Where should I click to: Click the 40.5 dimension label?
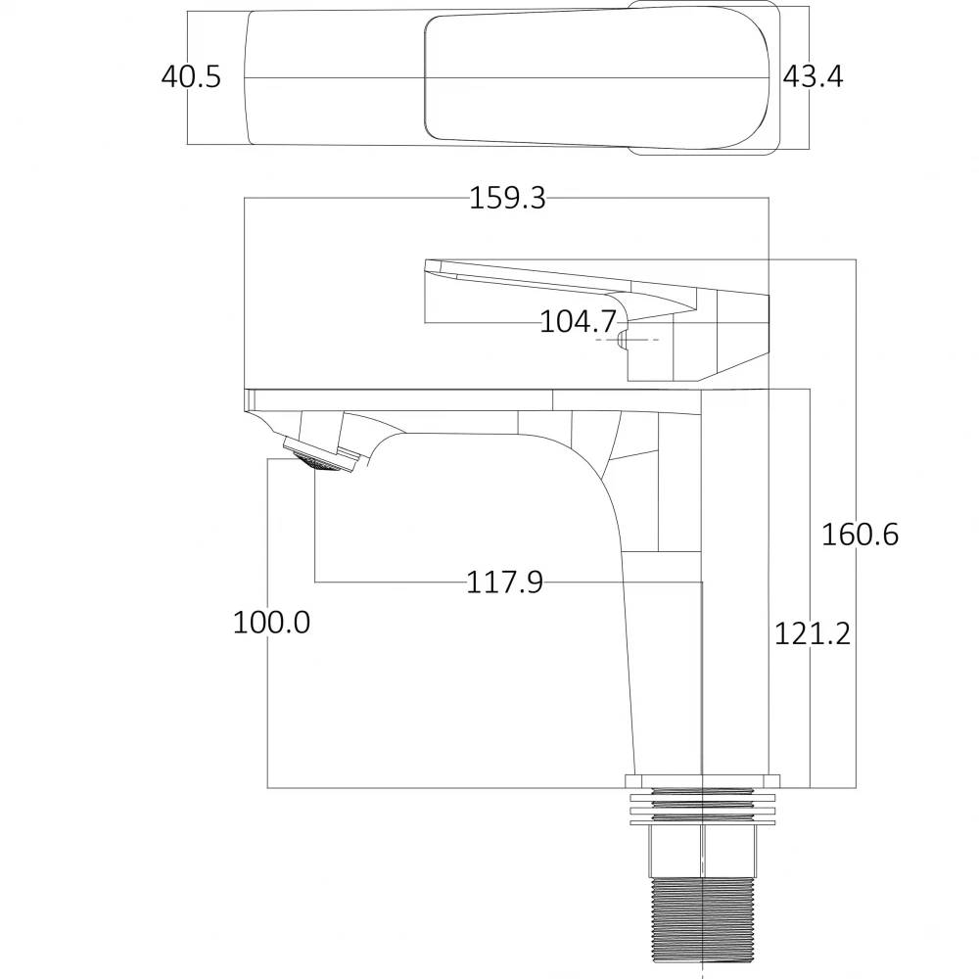191,76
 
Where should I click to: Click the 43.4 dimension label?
813,76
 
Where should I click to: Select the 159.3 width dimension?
507,198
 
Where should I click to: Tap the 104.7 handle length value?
578,321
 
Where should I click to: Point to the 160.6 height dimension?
860,535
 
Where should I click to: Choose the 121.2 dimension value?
813,634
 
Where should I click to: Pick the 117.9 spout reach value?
504,583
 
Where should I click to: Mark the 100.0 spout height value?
271,623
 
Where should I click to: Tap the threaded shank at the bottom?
702,924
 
